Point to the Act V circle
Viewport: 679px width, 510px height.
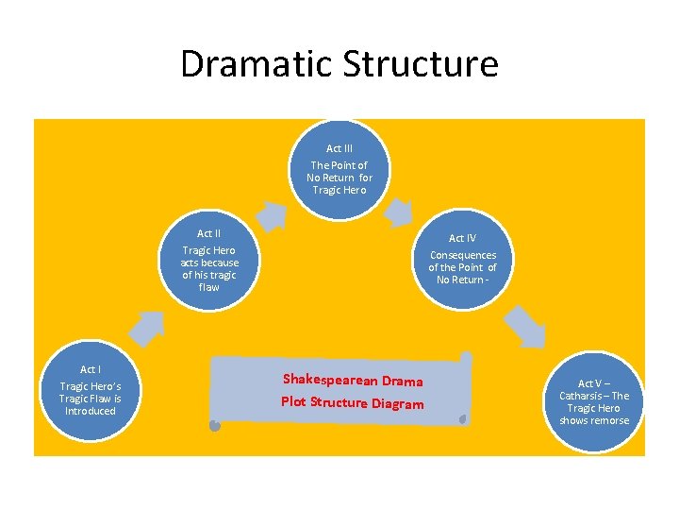click(593, 401)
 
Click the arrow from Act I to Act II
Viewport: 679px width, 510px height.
click(146, 326)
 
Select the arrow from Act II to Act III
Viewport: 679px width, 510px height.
click(272, 215)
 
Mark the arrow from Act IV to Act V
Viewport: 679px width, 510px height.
click(524, 327)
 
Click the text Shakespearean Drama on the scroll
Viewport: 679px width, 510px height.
click(352, 381)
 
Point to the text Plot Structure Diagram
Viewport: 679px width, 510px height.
click(352, 403)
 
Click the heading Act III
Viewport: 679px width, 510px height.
click(339, 148)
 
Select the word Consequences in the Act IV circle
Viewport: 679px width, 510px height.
click(462, 255)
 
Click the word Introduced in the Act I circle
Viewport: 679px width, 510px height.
click(91, 411)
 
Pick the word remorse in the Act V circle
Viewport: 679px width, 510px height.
click(609, 420)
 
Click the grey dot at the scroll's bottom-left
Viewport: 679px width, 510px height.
click(215, 426)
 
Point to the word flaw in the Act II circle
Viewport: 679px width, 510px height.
click(209, 287)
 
